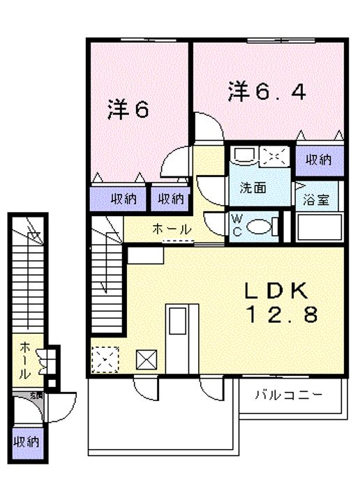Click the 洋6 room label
coord(128,110)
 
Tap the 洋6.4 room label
coord(266,93)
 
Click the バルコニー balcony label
coord(288,395)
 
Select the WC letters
coord(237,225)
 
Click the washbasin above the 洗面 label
coord(244,155)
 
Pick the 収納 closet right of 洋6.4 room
coord(318,160)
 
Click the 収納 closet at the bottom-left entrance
coord(26,441)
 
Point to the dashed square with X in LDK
coord(105,359)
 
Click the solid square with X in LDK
coord(147,360)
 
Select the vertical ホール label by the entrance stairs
coord(24,358)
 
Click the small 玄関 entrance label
coord(36,395)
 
